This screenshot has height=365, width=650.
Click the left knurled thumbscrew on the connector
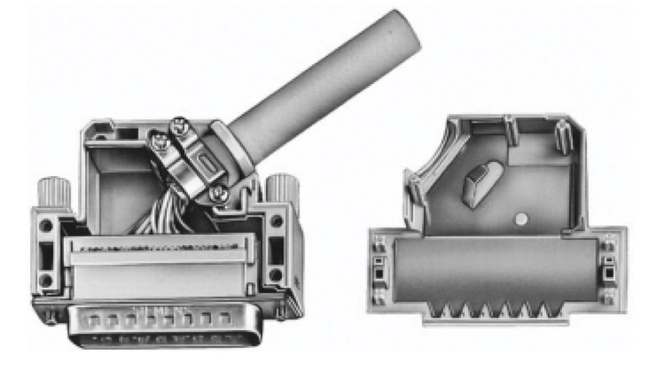54,192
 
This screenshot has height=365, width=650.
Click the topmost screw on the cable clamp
179,125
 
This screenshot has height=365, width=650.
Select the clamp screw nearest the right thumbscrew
218,194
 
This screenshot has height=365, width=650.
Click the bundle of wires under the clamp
167,213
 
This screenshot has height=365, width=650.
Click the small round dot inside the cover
520,219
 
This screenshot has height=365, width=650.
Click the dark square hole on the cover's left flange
379,274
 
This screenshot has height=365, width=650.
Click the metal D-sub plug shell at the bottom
165,325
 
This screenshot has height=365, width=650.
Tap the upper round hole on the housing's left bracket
46,225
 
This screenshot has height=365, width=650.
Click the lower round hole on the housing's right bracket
276,275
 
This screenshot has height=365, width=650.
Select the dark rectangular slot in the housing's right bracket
276,251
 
